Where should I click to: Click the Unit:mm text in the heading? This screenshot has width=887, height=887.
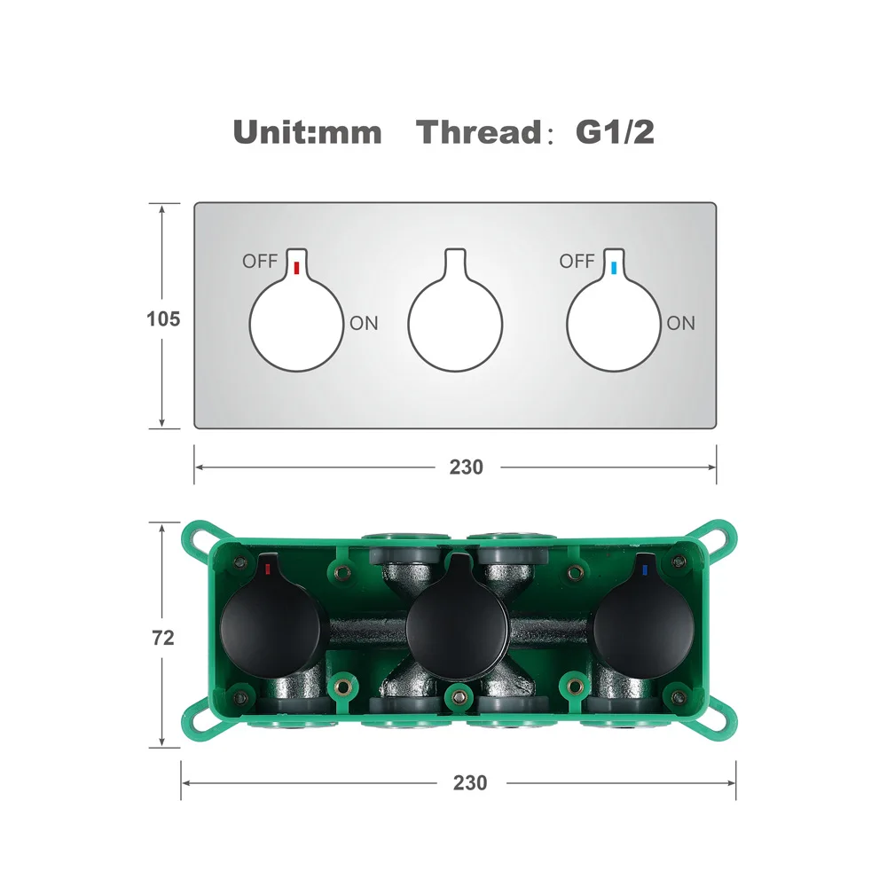tap(307, 132)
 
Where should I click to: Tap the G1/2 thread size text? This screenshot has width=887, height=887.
tap(615, 132)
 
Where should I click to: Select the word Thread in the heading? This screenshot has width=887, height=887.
tap(479, 132)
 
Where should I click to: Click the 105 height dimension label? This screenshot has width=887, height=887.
tap(163, 319)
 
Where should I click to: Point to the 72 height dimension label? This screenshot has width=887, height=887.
tap(163, 638)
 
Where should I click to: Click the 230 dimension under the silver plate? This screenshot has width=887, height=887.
tap(467, 467)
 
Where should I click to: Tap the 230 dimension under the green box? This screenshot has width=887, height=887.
tap(469, 783)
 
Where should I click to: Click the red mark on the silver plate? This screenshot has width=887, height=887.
tap(296, 268)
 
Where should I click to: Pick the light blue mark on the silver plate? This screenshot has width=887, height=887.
tap(614, 268)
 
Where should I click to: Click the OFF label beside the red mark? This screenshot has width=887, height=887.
tap(260, 262)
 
